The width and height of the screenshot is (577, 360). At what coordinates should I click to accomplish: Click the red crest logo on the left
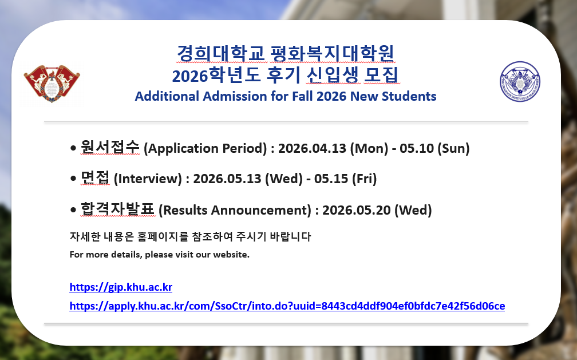[52, 84]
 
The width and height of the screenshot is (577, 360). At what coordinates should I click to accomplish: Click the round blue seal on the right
[520, 81]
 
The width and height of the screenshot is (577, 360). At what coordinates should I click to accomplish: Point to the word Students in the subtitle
[409, 96]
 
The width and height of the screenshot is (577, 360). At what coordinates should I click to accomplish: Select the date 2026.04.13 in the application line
[313, 148]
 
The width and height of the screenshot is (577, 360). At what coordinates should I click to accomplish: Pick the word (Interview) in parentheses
[148, 179]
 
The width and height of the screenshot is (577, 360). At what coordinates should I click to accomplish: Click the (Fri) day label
[364, 179]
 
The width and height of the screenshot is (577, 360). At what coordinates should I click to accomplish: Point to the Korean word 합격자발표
[118, 209]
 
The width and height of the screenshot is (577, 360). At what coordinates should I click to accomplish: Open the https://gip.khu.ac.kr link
[121, 287]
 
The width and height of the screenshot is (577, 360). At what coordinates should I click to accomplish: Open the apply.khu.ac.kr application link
[287, 306]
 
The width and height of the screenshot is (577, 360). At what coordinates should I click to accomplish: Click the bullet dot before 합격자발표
[73, 210]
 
